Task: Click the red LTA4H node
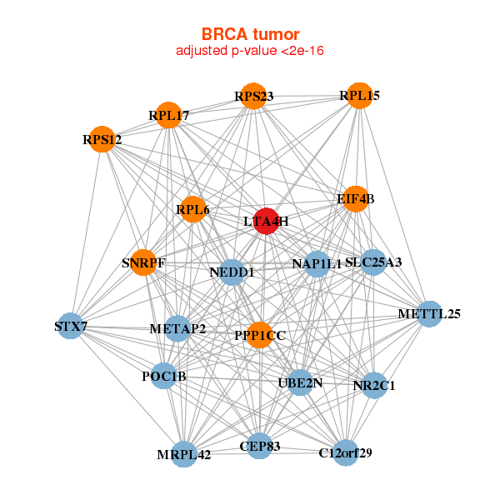267,221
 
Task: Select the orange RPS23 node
253,96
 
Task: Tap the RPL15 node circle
360,96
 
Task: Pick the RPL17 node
168,115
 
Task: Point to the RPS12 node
102,139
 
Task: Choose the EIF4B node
356,199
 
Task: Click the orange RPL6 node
193,209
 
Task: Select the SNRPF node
143,262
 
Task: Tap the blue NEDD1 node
232,272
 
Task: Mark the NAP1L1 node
317,264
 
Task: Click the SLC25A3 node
373,262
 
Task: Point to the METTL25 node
430,314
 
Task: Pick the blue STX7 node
71,326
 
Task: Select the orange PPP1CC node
260,335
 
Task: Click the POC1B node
163,376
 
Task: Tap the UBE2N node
300,382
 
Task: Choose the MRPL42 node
184,454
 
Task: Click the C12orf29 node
346,452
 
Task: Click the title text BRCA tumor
250,34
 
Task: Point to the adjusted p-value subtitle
250,51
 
